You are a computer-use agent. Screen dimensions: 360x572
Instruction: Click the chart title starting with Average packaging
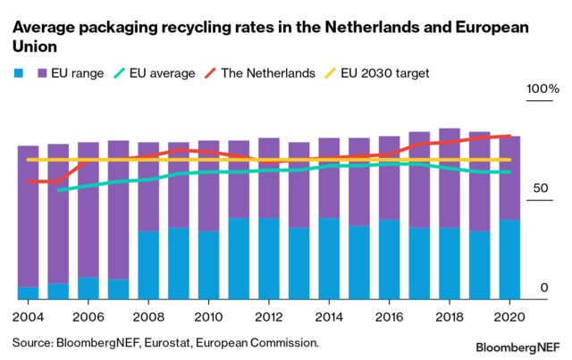click(269, 37)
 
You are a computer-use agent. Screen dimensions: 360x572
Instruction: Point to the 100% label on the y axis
click(542, 91)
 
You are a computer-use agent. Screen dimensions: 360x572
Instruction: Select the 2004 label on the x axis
click(28, 316)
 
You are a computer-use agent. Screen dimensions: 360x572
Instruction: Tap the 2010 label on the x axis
click(208, 316)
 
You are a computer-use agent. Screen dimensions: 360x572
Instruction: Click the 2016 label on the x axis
click(390, 316)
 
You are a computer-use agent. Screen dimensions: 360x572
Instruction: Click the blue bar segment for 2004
click(28, 293)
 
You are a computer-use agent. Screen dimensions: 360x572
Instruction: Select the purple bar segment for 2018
click(450, 179)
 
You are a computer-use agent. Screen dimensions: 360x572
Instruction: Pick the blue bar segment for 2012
click(269, 259)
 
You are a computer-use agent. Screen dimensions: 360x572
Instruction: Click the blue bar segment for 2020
click(509, 260)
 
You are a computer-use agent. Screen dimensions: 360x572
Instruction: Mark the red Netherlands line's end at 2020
click(509, 136)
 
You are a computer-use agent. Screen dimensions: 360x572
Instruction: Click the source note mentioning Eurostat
click(165, 341)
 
